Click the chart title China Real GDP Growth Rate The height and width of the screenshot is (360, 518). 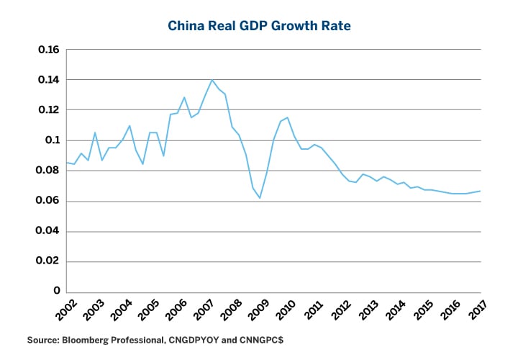click(259, 26)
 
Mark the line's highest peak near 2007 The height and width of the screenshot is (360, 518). click(212, 80)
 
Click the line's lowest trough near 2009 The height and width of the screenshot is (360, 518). click(260, 198)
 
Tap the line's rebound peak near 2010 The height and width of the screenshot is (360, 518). click(288, 117)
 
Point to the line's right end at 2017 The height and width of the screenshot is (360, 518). click(480, 191)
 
